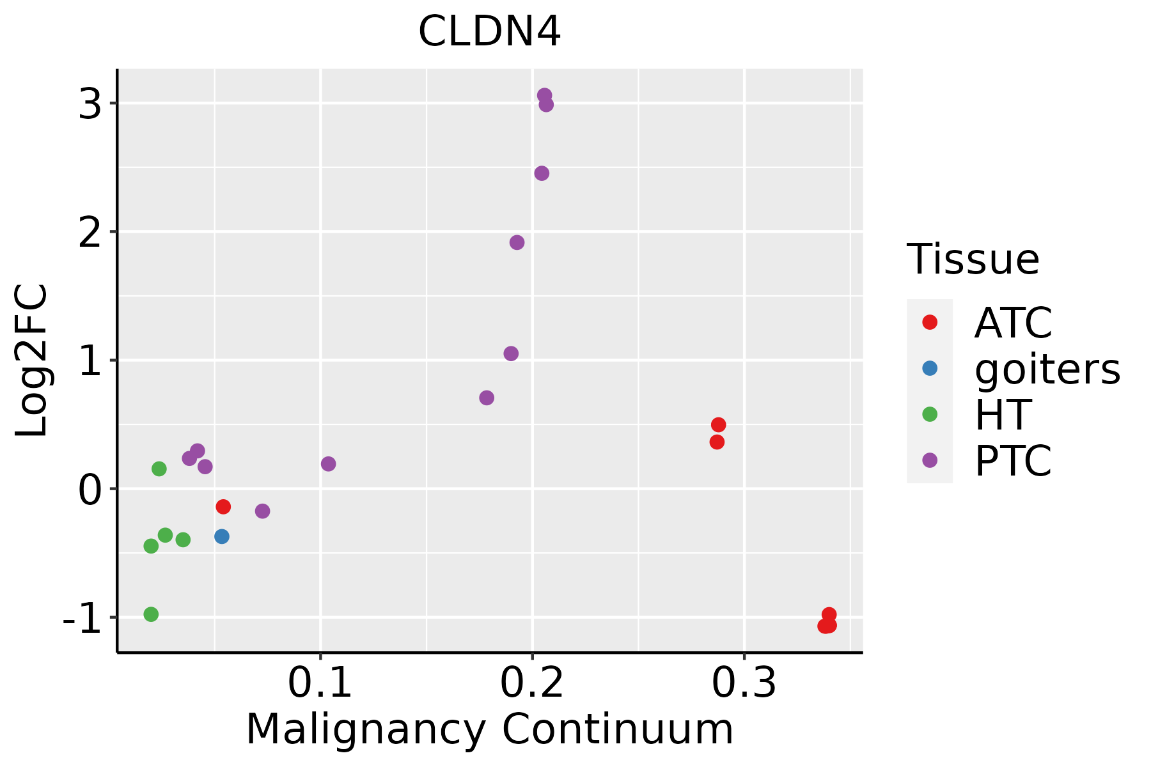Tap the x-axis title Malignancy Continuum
[489, 729]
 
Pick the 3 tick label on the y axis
[90, 104]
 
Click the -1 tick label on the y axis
[83, 618]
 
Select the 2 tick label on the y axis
[90, 232]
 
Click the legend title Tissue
[973, 260]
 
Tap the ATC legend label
[1013, 323]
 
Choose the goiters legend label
[1047, 369]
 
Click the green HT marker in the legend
[930, 414]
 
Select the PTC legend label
[1013, 461]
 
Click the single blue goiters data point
[222, 536]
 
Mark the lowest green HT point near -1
[151, 614]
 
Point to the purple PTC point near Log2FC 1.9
[517, 242]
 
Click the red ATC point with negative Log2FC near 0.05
[223, 507]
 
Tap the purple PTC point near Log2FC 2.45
[542, 173]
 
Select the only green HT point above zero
[159, 469]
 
